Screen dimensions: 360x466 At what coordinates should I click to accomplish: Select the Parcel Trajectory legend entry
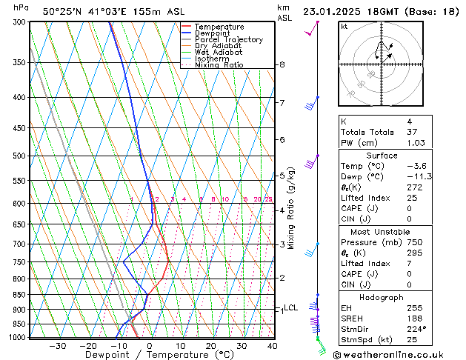point(228,40)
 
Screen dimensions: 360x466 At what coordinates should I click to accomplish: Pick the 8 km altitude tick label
point(282,65)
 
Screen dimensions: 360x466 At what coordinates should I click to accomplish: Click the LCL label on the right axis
point(290,307)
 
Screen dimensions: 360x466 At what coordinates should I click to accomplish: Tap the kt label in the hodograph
point(344,27)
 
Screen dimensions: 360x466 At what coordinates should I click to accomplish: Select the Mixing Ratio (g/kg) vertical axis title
point(291,207)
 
